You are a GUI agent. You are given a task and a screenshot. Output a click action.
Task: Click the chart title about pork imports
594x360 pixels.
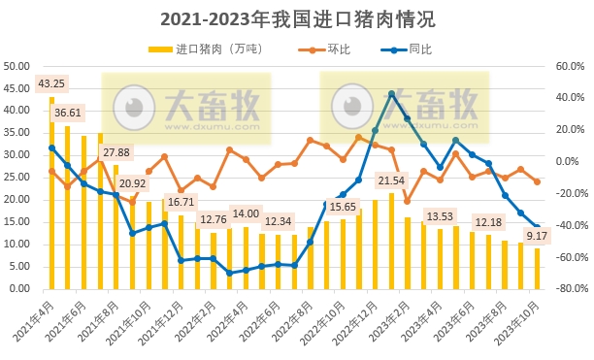coord(297,18)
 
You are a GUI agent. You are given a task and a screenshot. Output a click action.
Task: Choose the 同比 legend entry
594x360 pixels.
coord(419,49)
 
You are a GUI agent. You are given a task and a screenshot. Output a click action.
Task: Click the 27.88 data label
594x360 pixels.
coord(117,152)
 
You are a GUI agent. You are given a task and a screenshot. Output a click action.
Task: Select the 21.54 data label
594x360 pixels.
coord(391,180)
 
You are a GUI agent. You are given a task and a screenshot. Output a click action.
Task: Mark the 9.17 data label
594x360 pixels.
coord(537,235)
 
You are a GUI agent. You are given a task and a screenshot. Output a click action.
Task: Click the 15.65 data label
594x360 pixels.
coord(343,207)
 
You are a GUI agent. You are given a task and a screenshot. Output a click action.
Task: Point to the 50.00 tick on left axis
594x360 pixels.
coord(16,67)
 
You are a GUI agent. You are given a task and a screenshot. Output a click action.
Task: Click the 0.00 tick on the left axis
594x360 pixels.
coord(19,289)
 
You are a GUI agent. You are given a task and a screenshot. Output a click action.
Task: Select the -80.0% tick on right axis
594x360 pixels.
coord(568,289)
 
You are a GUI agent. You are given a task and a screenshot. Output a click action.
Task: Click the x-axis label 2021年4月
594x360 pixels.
coord(36,320)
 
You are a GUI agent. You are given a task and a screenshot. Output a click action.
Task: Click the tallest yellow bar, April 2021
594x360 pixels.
coord(51,193)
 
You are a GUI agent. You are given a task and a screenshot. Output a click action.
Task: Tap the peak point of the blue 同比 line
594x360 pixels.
coord(391,94)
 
